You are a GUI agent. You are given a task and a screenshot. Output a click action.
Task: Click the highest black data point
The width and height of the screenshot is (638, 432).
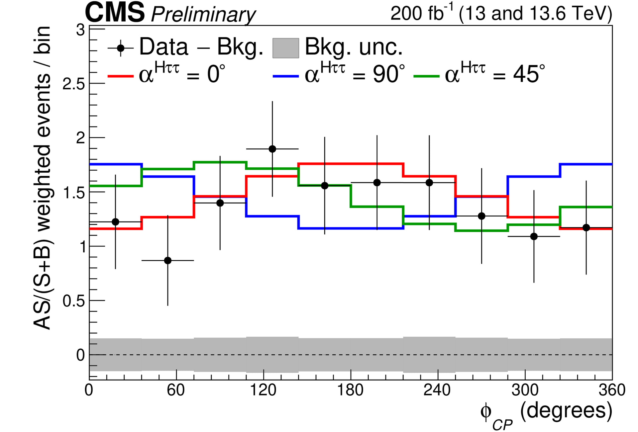tap(272, 149)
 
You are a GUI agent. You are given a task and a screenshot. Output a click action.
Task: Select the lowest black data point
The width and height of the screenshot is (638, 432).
tap(168, 260)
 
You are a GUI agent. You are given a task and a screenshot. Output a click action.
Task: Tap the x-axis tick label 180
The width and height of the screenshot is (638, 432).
tap(351, 390)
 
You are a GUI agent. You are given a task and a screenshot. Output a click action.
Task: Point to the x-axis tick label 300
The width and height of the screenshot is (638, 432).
tap(525, 390)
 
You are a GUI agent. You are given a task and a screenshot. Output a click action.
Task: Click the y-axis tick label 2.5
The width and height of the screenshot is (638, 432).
tap(74, 84)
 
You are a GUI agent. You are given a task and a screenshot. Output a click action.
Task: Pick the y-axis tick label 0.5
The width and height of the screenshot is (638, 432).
tap(74, 301)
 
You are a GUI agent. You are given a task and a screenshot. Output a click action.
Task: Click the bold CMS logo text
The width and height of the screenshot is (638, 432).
tap(115, 13)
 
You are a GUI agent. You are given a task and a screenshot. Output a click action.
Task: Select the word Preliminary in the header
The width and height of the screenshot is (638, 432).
tap(203, 15)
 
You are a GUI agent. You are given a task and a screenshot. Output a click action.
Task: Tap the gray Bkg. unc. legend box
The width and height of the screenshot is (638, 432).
tap(285, 48)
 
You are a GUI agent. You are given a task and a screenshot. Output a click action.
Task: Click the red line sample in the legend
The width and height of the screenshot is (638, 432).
tap(120, 76)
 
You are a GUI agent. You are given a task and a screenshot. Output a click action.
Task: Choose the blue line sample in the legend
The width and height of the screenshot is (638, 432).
tap(285, 76)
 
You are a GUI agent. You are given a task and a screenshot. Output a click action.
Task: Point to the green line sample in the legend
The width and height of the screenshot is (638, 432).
tap(426, 76)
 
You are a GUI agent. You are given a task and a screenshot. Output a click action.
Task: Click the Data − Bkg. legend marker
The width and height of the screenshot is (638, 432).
tap(121, 48)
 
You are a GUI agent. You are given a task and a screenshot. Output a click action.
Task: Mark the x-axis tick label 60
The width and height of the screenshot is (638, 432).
tap(176, 390)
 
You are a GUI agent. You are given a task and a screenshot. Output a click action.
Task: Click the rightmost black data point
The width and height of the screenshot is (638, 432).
tap(586, 227)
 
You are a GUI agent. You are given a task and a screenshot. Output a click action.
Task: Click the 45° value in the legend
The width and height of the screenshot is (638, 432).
tap(529, 74)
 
